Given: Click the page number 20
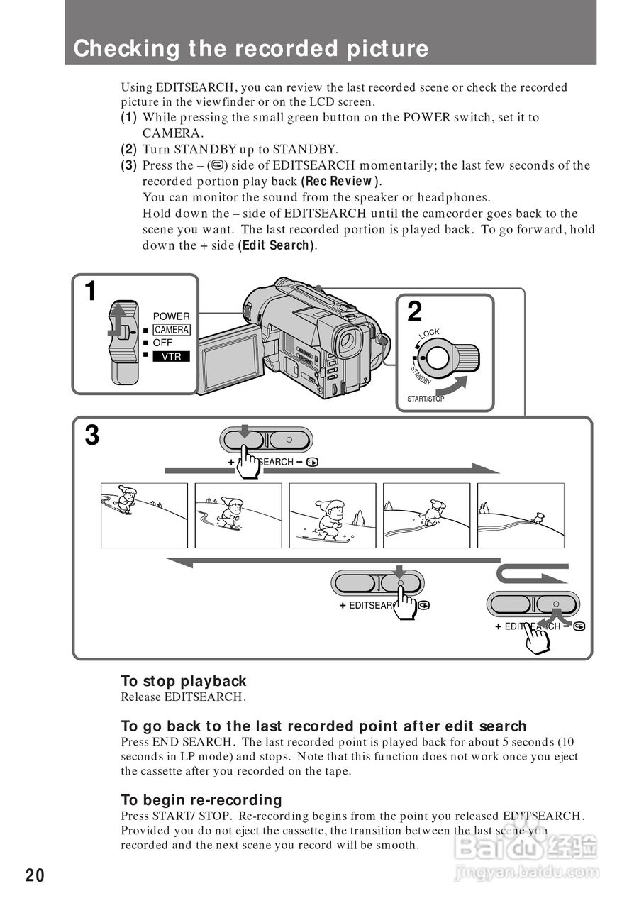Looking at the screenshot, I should tap(35, 875).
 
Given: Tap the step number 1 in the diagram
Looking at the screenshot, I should tap(90, 291).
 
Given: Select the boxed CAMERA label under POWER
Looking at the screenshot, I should tap(172, 330).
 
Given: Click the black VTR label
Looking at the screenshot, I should tap(172, 357).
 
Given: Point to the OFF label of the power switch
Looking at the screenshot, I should tap(163, 343).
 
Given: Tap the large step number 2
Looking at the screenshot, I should tap(415, 311).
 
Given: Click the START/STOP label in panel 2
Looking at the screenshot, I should tap(426, 399).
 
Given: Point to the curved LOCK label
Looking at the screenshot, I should tap(430, 333).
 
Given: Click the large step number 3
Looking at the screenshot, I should tap(92, 436).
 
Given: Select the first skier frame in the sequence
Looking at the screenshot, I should tap(144, 515).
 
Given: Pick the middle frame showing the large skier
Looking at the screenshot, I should tap(332, 515).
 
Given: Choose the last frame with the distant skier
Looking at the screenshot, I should tap(521, 515).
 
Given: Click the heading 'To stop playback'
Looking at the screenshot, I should tap(184, 681).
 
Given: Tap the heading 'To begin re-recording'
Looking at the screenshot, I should tap(201, 800).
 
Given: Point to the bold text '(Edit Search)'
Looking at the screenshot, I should tap(276, 245).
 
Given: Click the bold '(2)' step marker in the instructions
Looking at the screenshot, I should tap(128, 149).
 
